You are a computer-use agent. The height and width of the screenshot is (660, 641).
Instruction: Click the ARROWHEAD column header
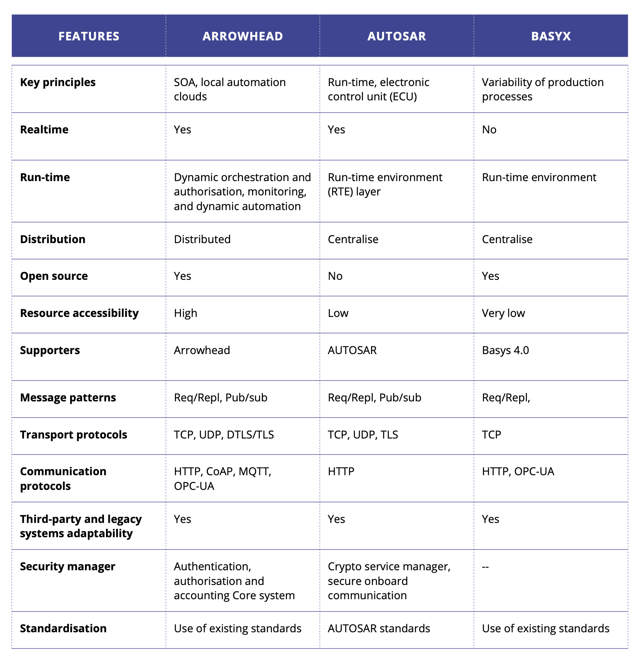click(243, 36)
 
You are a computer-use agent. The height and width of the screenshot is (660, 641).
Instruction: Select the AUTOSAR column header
click(396, 36)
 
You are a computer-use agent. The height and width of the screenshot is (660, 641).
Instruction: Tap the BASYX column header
click(550, 36)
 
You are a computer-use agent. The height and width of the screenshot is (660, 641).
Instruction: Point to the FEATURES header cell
click(89, 36)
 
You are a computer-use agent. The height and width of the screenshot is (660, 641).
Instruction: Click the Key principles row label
click(58, 82)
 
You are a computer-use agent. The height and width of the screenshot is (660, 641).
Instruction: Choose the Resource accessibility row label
click(79, 313)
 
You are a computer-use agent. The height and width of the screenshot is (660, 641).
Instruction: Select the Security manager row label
click(68, 566)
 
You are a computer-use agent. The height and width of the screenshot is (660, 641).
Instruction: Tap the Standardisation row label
click(63, 628)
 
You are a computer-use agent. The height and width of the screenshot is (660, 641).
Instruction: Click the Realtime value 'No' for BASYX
click(489, 130)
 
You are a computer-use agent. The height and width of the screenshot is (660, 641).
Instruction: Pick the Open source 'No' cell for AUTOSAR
click(335, 276)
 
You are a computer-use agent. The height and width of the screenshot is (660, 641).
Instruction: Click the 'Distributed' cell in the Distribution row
click(202, 239)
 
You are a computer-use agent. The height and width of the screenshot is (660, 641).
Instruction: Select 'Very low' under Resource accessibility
click(503, 313)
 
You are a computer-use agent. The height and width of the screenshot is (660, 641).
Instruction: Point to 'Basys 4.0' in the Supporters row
click(505, 350)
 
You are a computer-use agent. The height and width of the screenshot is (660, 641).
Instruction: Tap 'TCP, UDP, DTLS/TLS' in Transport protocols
click(224, 434)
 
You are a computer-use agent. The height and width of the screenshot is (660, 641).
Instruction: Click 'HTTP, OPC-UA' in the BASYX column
click(518, 472)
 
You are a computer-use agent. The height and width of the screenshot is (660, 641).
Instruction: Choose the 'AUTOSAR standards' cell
click(379, 628)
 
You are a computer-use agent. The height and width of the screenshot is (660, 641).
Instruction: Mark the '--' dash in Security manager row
click(485, 566)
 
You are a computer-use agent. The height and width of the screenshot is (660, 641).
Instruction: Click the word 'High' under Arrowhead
click(186, 313)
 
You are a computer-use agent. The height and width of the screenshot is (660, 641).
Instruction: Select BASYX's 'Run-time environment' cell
click(539, 177)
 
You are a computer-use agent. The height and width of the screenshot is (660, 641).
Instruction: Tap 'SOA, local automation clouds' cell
click(230, 89)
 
